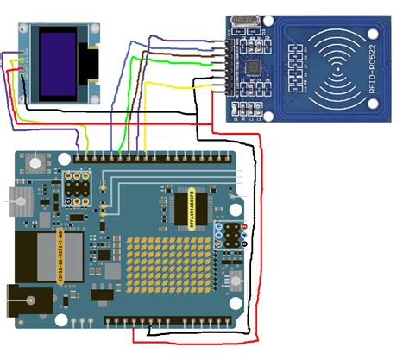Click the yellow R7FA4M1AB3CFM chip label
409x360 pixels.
point(191,208)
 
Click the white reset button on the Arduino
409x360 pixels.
point(34,162)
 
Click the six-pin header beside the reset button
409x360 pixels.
point(79,189)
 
